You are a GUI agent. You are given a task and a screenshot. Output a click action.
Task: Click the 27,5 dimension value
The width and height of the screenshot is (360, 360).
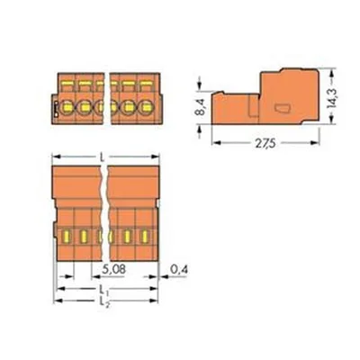point(265,144)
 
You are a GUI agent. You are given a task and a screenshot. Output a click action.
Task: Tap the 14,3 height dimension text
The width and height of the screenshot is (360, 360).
point(332,99)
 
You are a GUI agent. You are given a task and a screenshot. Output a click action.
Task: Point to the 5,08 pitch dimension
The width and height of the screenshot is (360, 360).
point(113,270)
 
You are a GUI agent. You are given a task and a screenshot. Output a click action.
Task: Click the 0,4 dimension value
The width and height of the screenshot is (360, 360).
point(179,270)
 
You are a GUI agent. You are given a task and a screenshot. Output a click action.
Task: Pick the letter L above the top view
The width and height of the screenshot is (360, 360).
point(103,157)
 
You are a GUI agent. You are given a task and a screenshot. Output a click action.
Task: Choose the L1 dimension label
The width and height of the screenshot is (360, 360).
point(103,290)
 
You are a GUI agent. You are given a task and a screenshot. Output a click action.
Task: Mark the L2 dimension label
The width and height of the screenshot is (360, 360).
point(103,301)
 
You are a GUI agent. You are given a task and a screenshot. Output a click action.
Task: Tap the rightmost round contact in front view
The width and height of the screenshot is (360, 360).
point(147,106)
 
